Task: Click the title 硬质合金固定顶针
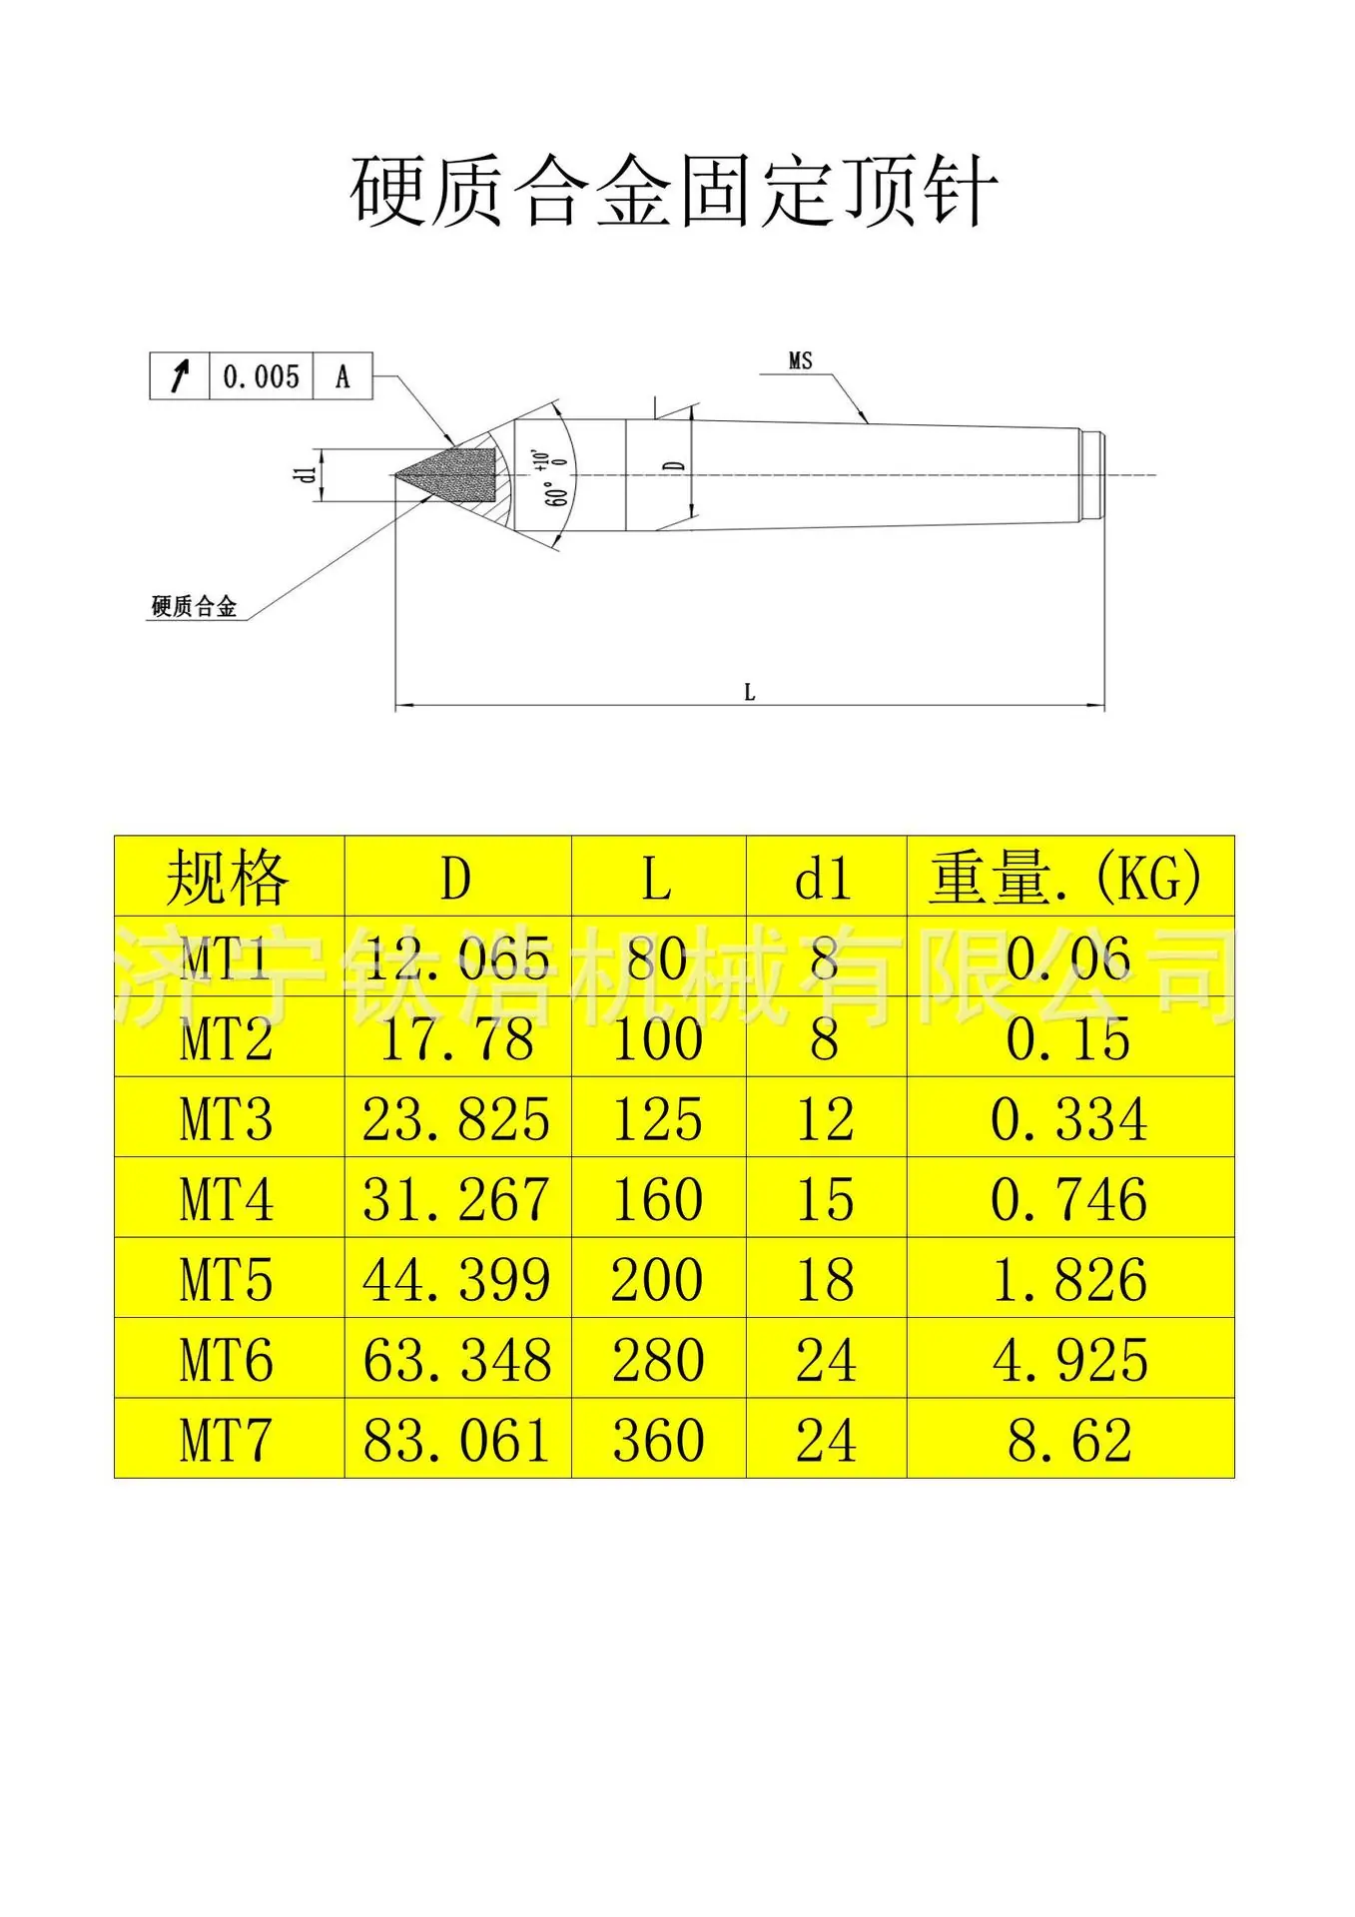coord(674,191)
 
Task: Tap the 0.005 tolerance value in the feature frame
coord(261,377)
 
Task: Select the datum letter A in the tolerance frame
coord(342,377)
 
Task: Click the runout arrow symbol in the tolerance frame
coord(180,376)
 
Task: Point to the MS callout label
coord(800,360)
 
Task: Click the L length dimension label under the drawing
coord(749,692)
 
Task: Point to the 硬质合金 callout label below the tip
coord(194,606)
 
